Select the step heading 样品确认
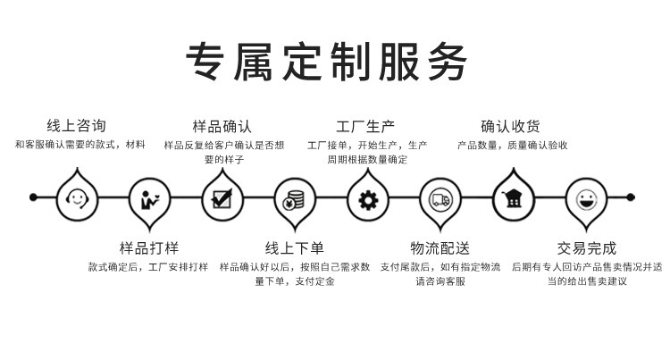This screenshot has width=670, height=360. pyautogui.click(x=222, y=126)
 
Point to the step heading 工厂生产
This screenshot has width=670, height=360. pyautogui.click(x=365, y=126)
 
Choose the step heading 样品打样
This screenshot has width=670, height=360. pyautogui.click(x=149, y=247)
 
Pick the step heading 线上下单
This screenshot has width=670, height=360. pyautogui.click(x=294, y=247)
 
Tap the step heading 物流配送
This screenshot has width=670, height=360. pyautogui.click(x=440, y=247)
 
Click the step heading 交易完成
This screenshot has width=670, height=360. pyautogui.click(x=586, y=247)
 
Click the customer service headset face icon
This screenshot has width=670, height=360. pyautogui.click(x=77, y=198)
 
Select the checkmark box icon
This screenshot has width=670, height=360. pyautogui.click(x=222, y=198)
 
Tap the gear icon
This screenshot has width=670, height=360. pyautogui.click(x=367, y=199)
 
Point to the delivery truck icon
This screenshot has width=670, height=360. pyautogui.click(x=440, y=199)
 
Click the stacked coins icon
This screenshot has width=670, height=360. pyautogui.click(x=294, y=199)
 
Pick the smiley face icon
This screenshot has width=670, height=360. pyautogui.click(x=586, y=199)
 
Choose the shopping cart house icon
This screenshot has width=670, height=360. pyautogui.click(x=513, y=198)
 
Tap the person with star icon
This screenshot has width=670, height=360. pyautogui.click(x=149, y=199)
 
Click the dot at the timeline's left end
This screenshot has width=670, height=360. pyautogui.click(x=33, y=197)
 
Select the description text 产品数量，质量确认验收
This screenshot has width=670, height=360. pyautogui.click(x=512, y=145)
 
